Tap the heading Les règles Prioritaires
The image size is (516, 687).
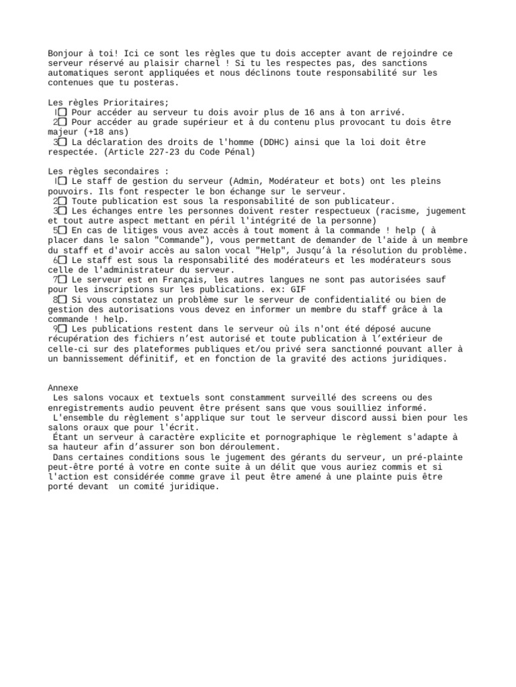pyautogui.click(x=108, y=103)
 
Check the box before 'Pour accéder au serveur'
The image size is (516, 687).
pyautogui.click(x=62, y=113)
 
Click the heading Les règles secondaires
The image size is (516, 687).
pyautogui.click(x=108, y=172)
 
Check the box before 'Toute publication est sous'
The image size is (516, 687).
pyautogui.click(x=62, y=201)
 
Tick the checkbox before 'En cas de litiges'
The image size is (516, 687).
pyautogui.click(x=62, y=231)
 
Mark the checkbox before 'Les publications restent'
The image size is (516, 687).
pyautogui.click(x=62, y=329)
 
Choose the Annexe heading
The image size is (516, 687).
pyautogui.click(x=63, y=388)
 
